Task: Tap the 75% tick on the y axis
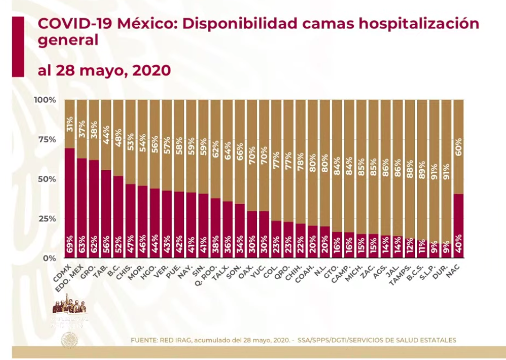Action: pyautogui.click(x=45, y=139)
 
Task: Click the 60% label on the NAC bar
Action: pyautogui.click(x=458, y=146)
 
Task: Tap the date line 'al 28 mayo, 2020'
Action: pyautogui.click(x=104, y=70)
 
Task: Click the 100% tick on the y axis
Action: pyautogui.click(x=44, y=100)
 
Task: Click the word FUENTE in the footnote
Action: pyautogui.click(x=144, y=340)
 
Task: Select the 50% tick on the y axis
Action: pyautogui.click(x=45, y=179)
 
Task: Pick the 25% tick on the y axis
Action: pyautogui.click(x=45, y=218)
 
